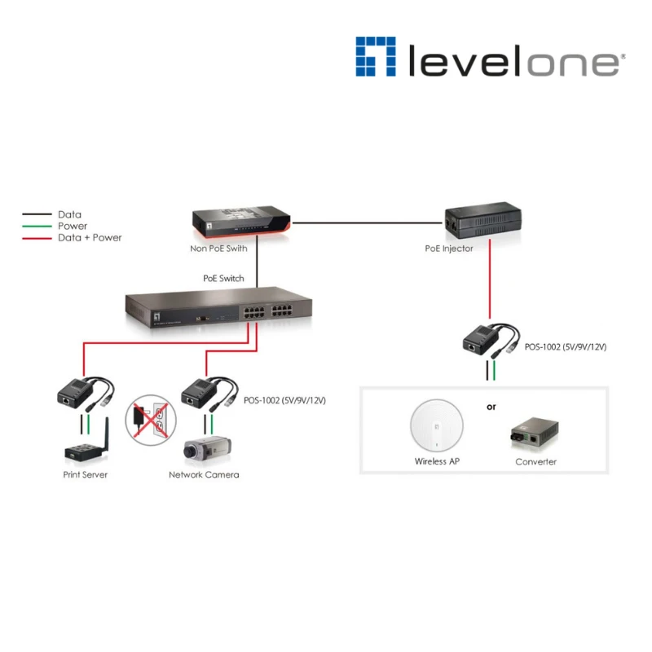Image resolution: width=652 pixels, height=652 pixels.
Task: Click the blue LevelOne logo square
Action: (376, 56)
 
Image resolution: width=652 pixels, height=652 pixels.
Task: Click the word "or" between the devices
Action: (491, 406)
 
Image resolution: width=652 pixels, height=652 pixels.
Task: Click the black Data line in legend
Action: (37, 215)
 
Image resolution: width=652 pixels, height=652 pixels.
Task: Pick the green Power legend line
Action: (37, 227)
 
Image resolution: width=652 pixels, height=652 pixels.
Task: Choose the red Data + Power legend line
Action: (37, 238)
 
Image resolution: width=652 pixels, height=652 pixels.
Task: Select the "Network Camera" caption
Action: (204, 475)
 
